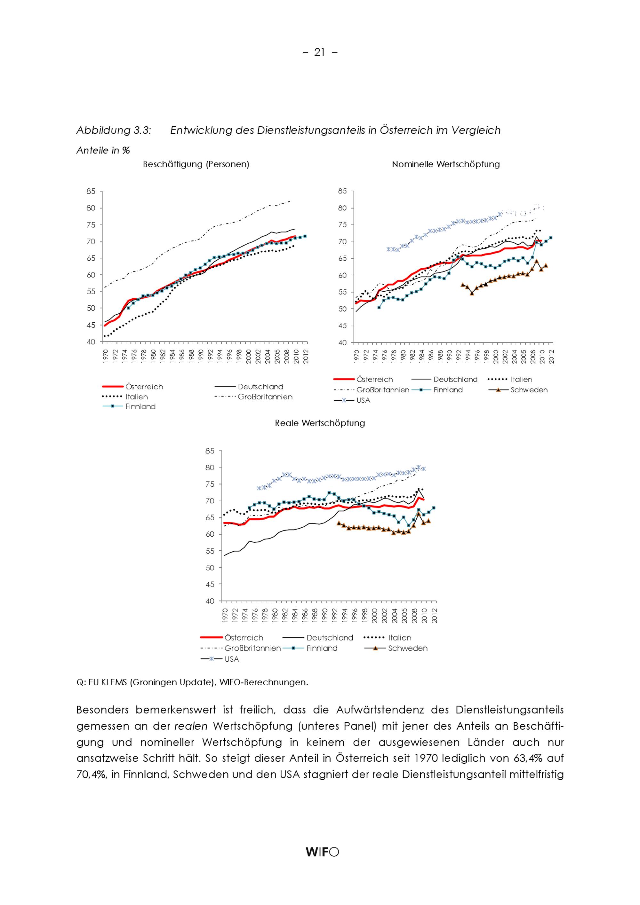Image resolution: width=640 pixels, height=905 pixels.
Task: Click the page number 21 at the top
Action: click(319, 52)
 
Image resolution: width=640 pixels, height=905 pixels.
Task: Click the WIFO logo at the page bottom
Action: click(322, 852)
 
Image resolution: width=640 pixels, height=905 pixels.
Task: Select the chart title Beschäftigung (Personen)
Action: click(196, 164)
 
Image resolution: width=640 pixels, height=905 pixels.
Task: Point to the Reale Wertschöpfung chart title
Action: click(320, 423)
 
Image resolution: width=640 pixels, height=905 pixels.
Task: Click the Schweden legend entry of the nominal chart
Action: click(529, 390)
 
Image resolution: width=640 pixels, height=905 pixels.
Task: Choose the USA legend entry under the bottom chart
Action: click(231, 659)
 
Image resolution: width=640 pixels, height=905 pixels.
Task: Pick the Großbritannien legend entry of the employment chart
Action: click(265, 397)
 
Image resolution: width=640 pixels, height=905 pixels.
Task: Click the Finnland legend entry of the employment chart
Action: click(140, 406)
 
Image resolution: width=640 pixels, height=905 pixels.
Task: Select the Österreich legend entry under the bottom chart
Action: click(244, 637)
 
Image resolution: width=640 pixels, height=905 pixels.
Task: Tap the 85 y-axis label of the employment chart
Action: click(91, 191)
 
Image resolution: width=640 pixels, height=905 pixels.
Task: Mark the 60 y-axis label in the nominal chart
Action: click(342, 275)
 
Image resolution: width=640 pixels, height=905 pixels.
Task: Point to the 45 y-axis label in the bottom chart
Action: click(210, 584)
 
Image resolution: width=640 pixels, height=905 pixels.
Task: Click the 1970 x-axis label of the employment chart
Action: click(105, 356)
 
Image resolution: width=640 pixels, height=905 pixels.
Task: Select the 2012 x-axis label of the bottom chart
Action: click(435, 615)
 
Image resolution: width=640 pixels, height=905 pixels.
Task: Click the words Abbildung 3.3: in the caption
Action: click(114, 130)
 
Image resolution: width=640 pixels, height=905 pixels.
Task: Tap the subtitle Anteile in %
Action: click(103, 150)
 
